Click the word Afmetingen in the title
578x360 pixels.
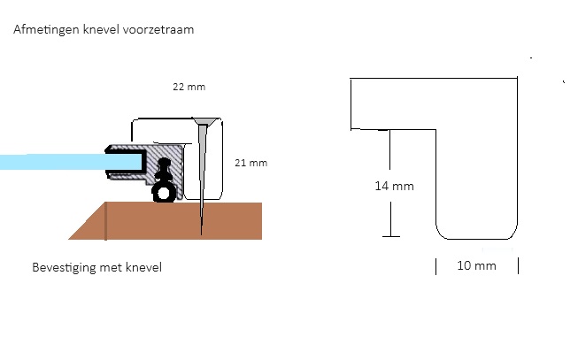click(x=46, y=30)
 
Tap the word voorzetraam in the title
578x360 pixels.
click(x=158, y=29)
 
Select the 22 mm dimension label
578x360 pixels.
click(x=189, y=87)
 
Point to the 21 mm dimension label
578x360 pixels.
click(x=251, y=163)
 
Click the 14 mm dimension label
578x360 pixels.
click(x=395, y=186)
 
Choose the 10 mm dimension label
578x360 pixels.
click(x=476, y=265)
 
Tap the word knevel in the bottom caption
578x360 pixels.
click(x=143, y=267)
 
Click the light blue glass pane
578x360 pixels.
click(x=70, y=162)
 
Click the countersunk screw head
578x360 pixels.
click(x=204, y=122)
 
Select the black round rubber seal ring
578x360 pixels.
click(x=164, y=193)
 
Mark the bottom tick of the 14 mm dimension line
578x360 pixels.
click(x=390, y=236)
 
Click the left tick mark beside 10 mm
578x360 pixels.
click(x=436, y=266)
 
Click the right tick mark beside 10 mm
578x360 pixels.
click(x=519, y=266)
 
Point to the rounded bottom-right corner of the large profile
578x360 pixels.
click(x=512, y=234)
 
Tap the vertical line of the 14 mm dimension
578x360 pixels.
click(x=390, y=183)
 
